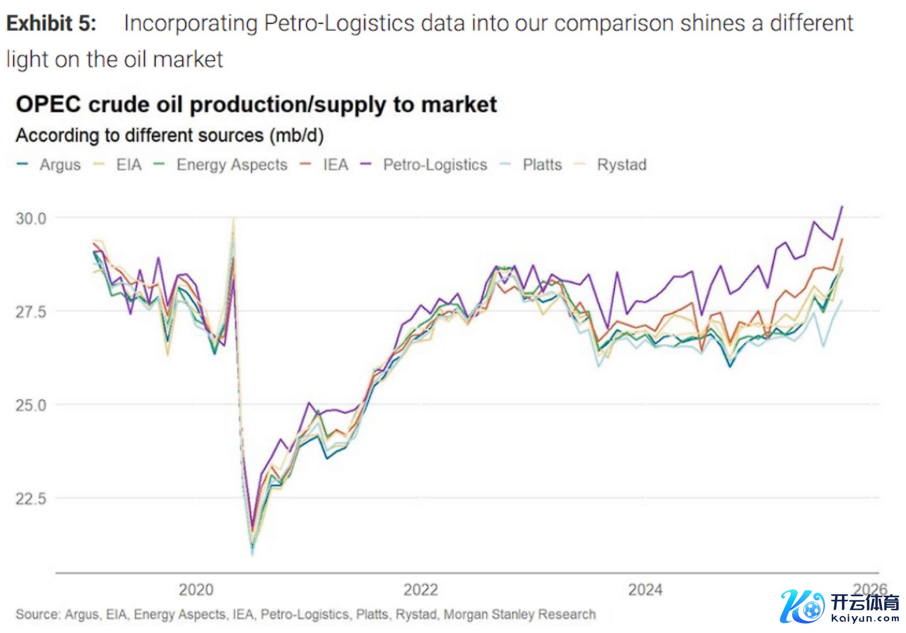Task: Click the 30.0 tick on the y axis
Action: coord(31,218)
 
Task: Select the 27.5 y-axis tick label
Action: coord(31,312)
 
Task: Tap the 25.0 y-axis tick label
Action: coord(31,405)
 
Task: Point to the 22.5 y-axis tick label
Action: coord(31,499)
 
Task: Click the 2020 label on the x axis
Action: coord(196,590)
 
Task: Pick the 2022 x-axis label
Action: coord(421,590)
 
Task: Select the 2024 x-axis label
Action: coord(645,590)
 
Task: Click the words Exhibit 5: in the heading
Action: coord(51,23)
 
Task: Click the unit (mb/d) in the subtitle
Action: coord(297,135)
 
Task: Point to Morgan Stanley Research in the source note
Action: coord(519,614)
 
